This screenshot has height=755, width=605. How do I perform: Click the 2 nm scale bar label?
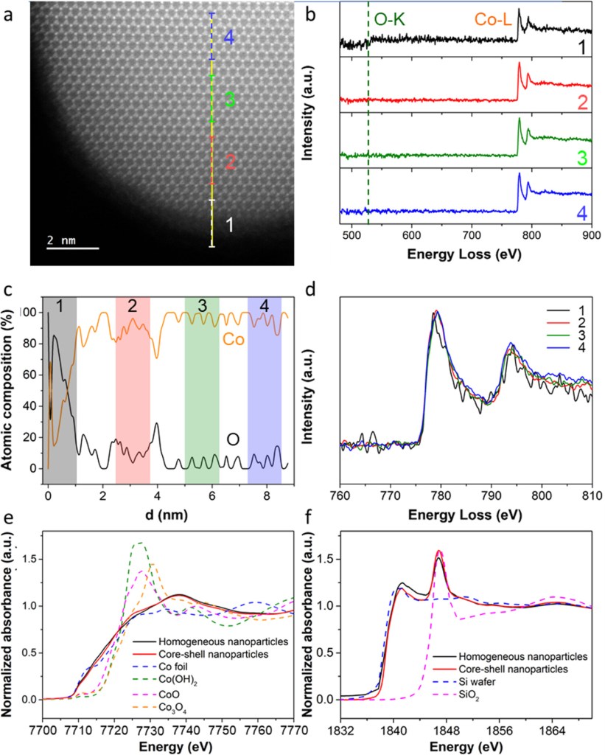tap(61, 240)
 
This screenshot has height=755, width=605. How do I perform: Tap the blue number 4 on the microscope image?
tap(229, 38)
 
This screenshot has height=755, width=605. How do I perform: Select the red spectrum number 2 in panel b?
tap(581, 102)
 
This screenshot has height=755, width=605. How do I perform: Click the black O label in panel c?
tap(233, 439)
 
